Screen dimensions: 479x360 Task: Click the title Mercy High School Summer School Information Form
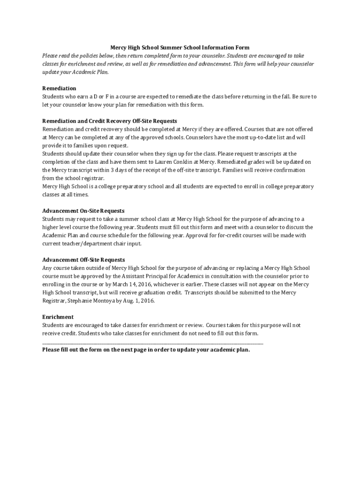coord(180,47)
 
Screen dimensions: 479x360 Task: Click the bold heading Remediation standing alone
coord(59,88)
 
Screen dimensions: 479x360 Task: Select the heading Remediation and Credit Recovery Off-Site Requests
coord(109,121)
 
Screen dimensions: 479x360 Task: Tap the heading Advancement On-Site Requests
coord(83,211)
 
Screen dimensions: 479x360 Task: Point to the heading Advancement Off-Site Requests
coord(84,260)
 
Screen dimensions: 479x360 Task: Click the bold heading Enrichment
coord(58,317)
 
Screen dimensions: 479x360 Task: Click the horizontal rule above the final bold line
coord(152,343)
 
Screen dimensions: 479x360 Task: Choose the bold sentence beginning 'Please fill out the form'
coord(146,350)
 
